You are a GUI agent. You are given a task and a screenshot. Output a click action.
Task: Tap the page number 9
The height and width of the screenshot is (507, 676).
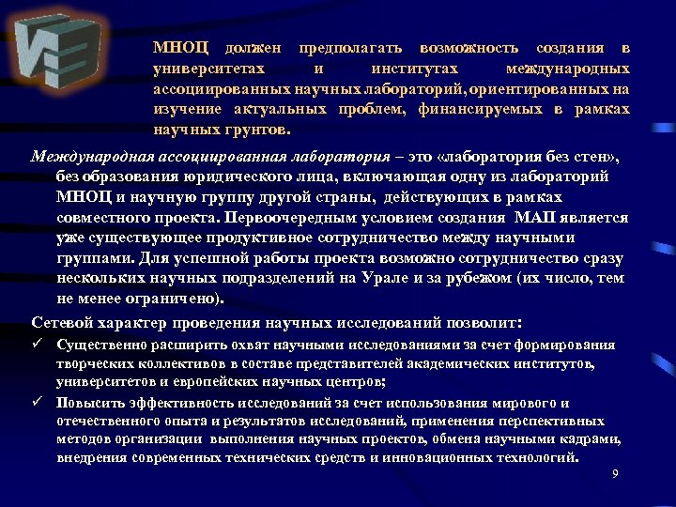[x=615, y=473]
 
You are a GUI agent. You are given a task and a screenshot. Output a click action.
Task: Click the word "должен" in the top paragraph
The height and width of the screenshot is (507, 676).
[x=253, y=48]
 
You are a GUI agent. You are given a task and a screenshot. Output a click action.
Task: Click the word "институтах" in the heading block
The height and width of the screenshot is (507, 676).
[x=415, y=69]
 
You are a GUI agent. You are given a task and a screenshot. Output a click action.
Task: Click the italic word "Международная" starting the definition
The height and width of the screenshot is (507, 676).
[x=89, y=156]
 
